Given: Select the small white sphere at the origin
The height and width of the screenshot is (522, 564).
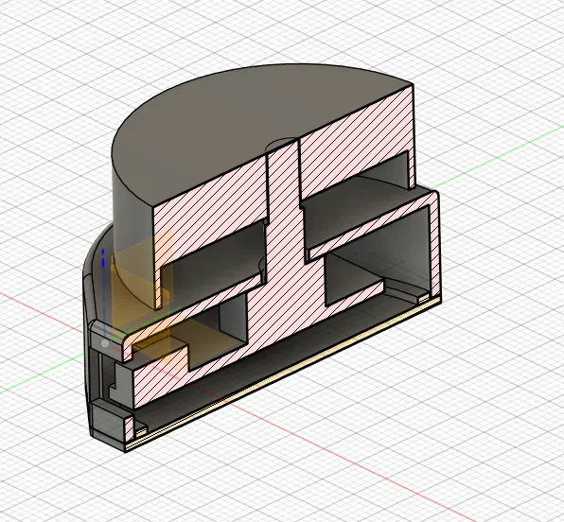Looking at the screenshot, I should pyautogui.click(x=103, y=346).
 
